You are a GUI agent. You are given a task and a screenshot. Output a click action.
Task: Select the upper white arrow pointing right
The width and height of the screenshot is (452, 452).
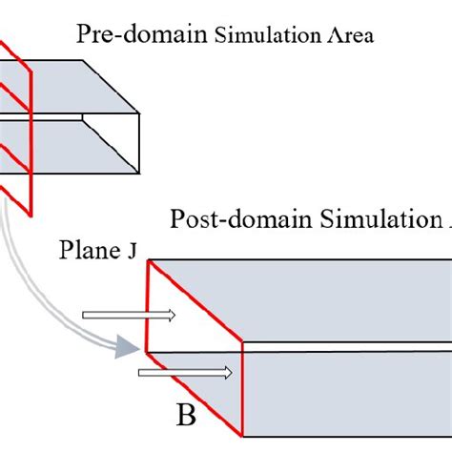[129, 315]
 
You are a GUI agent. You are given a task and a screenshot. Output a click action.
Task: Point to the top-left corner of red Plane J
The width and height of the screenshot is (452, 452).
[149, 259]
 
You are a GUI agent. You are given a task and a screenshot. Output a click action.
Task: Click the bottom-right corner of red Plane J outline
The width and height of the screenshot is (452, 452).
[245, 437]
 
